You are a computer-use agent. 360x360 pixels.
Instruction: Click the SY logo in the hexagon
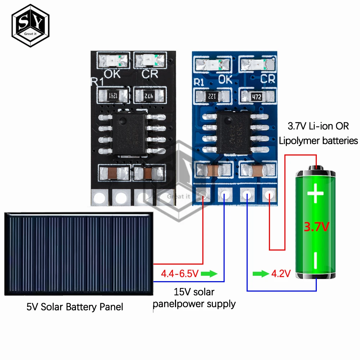[30, 23]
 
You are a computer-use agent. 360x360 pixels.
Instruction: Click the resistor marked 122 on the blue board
[212, 96]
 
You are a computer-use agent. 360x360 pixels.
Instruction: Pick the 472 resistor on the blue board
[256, 96]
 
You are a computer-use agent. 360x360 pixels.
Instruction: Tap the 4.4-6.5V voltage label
[180, 274]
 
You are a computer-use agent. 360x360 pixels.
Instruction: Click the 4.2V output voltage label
[280, 274]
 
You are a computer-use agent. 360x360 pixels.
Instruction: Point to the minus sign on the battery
[316, 260]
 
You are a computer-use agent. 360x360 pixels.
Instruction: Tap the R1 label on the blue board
[199, 82]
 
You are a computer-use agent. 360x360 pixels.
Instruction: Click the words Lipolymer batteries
[319, 140]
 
